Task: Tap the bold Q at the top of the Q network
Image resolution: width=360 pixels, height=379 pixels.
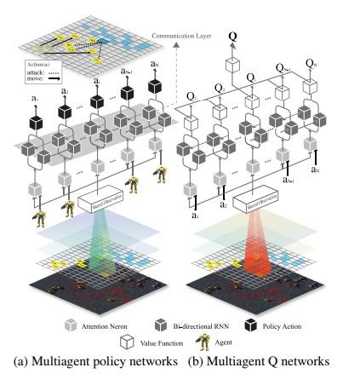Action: pyautogui.click(x=232, y=37)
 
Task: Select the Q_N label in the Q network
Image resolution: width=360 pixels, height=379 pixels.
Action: pyautogui.click(x=311, y=65)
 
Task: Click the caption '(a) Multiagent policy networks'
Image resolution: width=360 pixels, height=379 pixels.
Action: pyautogui.click(x=94, y=362)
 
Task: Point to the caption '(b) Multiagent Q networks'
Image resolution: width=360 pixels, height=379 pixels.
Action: pyautogui.click(x=258, y=362)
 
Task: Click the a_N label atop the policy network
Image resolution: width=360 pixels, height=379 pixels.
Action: pyautogui.click(x=154, y=65)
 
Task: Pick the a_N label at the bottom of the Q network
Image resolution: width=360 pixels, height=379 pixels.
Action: pyautogui.click(x=314, y=169)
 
